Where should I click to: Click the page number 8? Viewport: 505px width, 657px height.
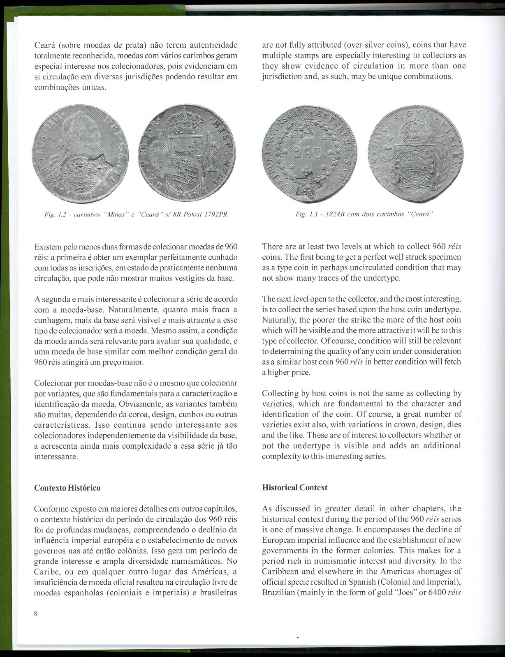coord(36,614)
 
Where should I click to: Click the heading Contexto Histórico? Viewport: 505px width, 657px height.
coord(67,488)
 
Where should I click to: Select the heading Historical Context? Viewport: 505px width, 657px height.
coord(294,487)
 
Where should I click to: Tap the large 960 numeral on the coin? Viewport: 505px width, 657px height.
coord(310,153)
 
